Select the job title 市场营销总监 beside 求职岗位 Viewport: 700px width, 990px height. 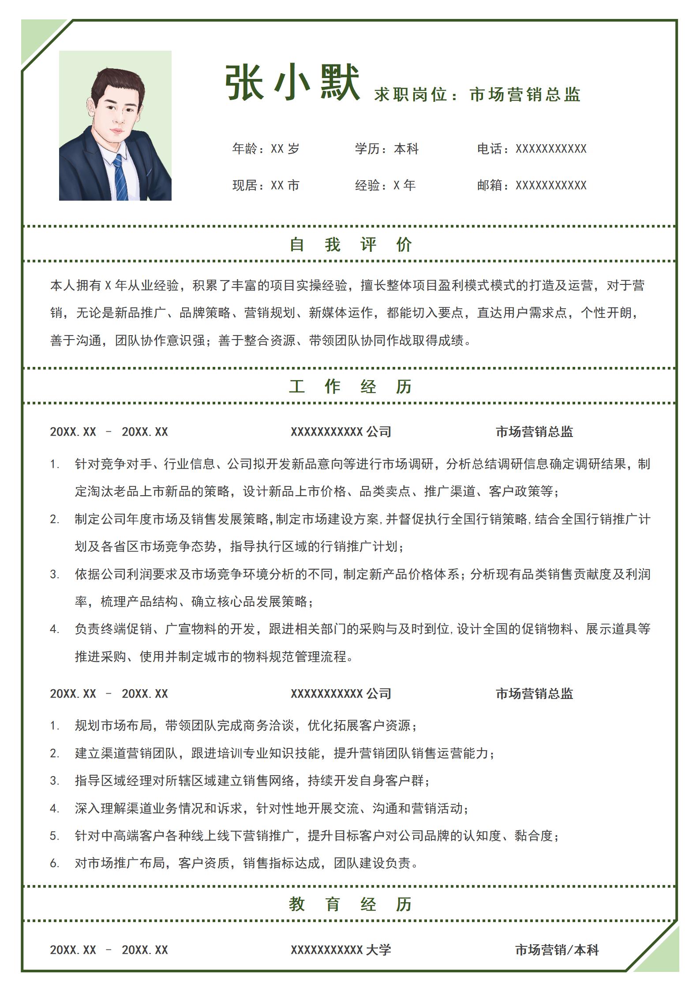[x=525, y=95]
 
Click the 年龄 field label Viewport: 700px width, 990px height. [x=244, y=149]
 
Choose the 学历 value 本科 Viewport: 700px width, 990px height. [x=406, y=149]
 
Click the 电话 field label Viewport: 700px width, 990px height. [x=489, y=149]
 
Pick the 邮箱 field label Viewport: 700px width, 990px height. [x=489, y=185]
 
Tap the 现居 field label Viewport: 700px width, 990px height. [x=244, y=185]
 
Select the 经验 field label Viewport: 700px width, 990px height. [x=367, y=185]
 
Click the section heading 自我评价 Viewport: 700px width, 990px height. [x=350, y=244]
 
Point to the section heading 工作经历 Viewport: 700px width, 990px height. [x=350, y=387]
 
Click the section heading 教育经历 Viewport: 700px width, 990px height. [x=350, y=904]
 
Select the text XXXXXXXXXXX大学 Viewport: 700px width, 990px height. [x=341, y=949]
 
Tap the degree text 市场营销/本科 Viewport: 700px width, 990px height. [x=557, y=949]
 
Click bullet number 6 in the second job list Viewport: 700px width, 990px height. [x=54, y=863]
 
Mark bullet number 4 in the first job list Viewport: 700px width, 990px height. [x=54, y=629]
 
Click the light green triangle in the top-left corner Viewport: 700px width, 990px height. [x=37, y=37]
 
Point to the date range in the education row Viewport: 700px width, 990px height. [x=109, y=949]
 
